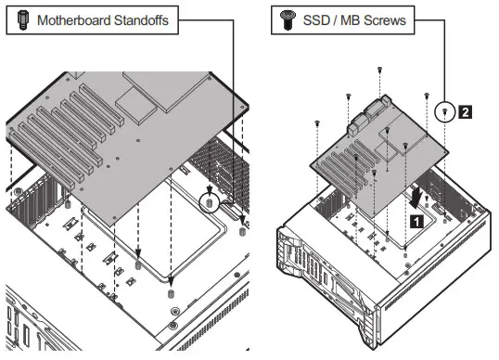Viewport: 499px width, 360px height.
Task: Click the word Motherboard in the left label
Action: coord(74,20)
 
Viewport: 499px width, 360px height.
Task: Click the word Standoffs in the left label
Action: coord(142,20)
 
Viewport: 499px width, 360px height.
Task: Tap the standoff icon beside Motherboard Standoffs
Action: coord(23,20)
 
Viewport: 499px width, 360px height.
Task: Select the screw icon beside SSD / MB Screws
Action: coord(288,20)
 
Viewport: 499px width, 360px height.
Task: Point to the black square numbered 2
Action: coord(466,112)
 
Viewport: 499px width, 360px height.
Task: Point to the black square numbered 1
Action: coord(416,221)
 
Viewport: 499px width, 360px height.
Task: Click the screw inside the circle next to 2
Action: coord(445,111)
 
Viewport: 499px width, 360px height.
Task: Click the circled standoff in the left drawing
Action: coord(209,202)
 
